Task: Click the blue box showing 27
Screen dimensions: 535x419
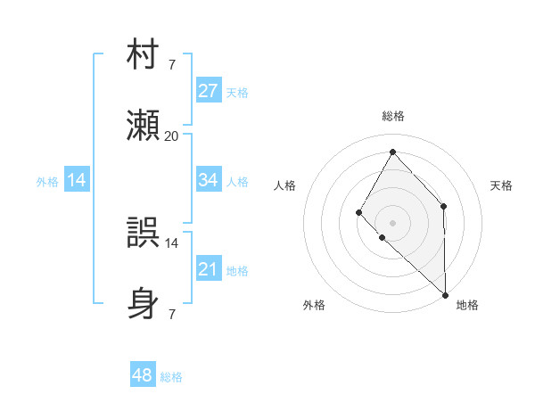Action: [209, 91]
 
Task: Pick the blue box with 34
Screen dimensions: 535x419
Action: [209, 180]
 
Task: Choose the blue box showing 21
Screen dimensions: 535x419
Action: [209, 269]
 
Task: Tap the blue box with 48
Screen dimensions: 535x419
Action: [143, 375]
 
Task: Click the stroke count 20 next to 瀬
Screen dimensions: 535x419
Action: [171, 136]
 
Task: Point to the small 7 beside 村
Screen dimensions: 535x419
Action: [171, 64]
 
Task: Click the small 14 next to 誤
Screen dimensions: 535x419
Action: [171, 242]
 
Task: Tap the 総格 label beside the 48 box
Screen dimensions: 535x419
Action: [172, 377]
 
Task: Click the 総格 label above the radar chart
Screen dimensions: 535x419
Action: [393, 116]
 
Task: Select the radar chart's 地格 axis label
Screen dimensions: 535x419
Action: [467, 305]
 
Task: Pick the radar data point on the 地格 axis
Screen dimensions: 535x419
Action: [445, 294]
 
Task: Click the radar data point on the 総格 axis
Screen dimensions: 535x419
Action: [392, 151]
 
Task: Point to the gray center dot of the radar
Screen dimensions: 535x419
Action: [392, 222]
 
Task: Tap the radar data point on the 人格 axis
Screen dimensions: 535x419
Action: [358, 212]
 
